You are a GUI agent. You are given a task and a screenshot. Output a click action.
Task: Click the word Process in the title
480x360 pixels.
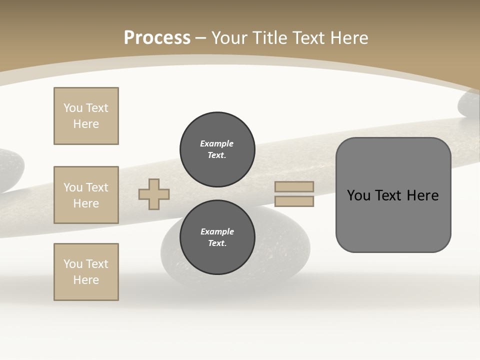(x=157, y=38)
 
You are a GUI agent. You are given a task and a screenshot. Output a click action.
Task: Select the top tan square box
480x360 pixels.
(x=86, y=116)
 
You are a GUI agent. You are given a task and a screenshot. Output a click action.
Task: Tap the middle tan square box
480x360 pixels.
(x=86, y=195)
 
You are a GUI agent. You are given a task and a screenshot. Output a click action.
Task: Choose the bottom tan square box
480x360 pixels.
(x=86, y=272)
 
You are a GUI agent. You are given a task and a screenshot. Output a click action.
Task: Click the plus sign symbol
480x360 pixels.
(x=154, y=194)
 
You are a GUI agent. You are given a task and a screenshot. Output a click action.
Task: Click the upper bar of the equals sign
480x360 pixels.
(x=294, y=186)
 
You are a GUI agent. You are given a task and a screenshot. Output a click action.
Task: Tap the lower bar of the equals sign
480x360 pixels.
(x=294, y=201)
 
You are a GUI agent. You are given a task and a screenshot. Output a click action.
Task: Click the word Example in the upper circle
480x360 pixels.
(x=217, y=143)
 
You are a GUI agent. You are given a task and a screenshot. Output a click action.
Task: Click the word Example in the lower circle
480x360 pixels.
(x=217, y=231)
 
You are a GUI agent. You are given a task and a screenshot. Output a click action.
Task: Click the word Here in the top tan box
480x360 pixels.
(x=86, y=124)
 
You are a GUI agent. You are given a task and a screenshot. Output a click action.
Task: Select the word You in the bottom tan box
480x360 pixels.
(x=72, y=264)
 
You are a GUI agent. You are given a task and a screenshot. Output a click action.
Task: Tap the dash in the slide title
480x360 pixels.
(x=201, y=38)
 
